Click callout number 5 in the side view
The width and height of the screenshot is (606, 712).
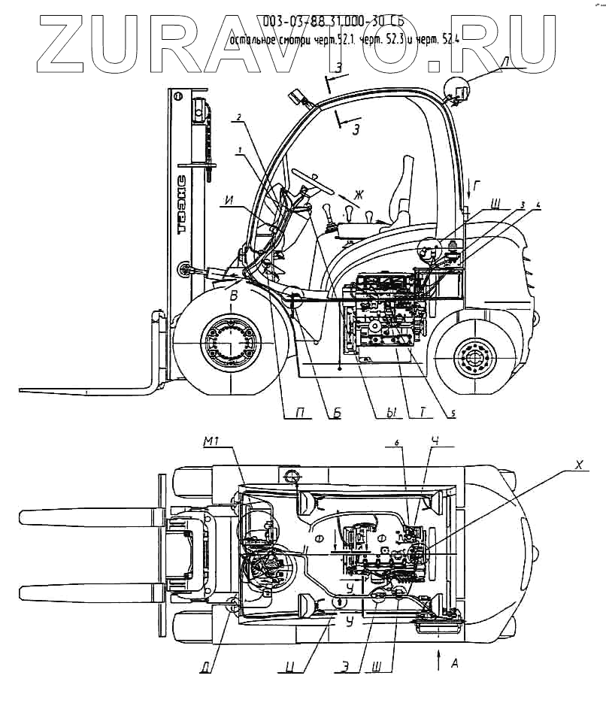pyautogui.click(x=453, y=412)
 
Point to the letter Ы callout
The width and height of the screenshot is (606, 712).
pyautogui.click(x=390, y=413)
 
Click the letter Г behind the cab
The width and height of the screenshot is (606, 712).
pyautogui.click(x=473, y=183)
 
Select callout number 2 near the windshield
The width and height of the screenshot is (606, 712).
pyautogui.click(x=238, y=117)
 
